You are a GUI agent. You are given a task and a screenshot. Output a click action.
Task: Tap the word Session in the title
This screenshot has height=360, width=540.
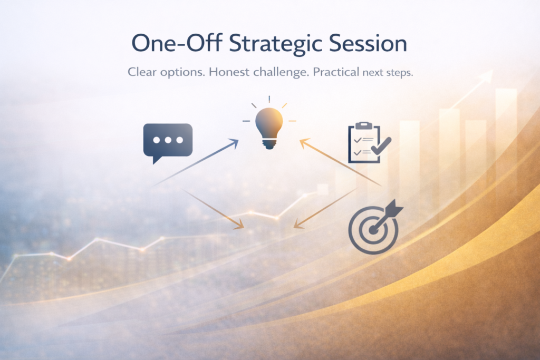point(368,43)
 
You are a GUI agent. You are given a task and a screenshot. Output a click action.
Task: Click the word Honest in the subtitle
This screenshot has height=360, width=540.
point(229,72)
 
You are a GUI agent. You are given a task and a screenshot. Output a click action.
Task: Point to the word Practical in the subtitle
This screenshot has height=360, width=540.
point(336,72)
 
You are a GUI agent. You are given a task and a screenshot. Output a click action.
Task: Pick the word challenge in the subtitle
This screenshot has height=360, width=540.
point(281,73)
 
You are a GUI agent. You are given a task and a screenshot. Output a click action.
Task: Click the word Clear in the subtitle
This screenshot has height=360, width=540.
point(141,72)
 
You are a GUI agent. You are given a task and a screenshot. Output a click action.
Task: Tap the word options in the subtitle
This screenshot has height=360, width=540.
point(182,73)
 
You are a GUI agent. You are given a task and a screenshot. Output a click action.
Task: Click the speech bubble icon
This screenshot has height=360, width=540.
point(168,142)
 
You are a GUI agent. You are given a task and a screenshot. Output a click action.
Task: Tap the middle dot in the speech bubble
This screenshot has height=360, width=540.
point(168,140)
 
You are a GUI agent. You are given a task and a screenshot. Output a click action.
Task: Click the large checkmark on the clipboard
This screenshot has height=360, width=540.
point(381,146)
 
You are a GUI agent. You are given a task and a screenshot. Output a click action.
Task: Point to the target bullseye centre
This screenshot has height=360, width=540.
point(373,230)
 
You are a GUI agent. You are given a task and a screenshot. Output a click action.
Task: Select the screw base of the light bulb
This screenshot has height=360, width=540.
point(269,143)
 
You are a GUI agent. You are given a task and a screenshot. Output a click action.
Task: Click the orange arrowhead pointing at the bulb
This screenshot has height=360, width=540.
point(304,143)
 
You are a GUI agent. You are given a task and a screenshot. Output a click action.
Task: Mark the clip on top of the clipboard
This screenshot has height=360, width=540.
point(364,125)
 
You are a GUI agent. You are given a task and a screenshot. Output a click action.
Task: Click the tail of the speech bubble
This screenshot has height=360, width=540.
point(157,160)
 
